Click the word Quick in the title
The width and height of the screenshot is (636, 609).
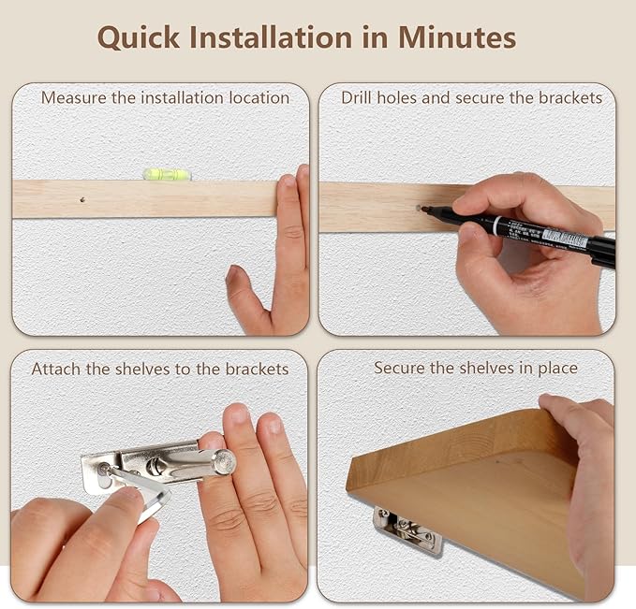click(139, 37)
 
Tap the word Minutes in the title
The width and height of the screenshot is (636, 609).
click(457, 37)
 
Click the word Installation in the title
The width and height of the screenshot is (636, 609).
click(271, 37)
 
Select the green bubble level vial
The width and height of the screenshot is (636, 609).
click(167, 174)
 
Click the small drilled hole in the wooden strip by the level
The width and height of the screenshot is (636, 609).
click(82, 200)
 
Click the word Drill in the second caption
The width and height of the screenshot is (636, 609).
click(357, 98)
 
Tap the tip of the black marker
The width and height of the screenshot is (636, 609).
click(423, 209)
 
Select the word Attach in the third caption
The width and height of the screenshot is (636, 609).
click(56, 370)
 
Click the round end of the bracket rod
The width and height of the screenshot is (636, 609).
click(225, 461)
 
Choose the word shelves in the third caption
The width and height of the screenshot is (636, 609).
click(142, 370)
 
